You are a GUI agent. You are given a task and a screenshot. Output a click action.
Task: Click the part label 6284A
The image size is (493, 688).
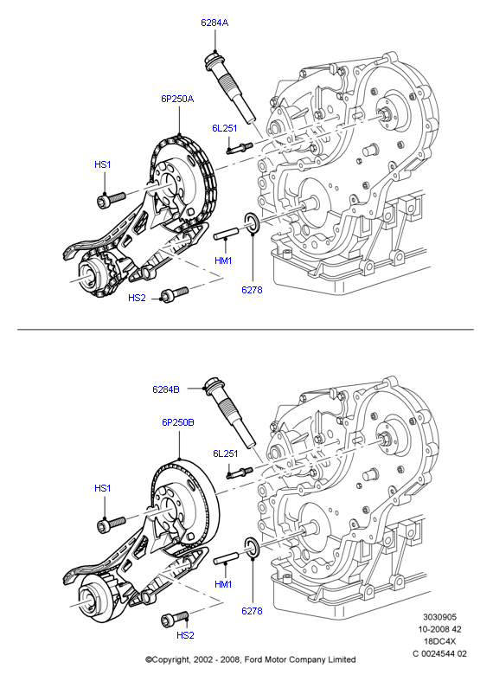point(214,23)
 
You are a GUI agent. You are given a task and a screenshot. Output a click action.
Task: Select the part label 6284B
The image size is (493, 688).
point(166,389)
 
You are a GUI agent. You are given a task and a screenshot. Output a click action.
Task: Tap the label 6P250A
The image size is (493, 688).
point(177,99)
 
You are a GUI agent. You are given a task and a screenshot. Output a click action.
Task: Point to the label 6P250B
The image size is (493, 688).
point(177,422)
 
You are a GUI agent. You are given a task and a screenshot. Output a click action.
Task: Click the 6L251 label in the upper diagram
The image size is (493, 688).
point(225,128)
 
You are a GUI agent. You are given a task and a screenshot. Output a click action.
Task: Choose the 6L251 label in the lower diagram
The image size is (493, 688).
point(225,453)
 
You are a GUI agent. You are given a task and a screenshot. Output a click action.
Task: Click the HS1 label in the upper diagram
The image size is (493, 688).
point(103,164)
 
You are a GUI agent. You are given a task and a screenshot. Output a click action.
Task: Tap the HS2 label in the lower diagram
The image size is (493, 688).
point(185,635)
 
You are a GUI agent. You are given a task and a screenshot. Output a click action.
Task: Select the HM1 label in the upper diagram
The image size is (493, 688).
point(223,260)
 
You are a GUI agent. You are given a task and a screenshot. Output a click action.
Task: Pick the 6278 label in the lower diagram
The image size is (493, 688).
point(252,610)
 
